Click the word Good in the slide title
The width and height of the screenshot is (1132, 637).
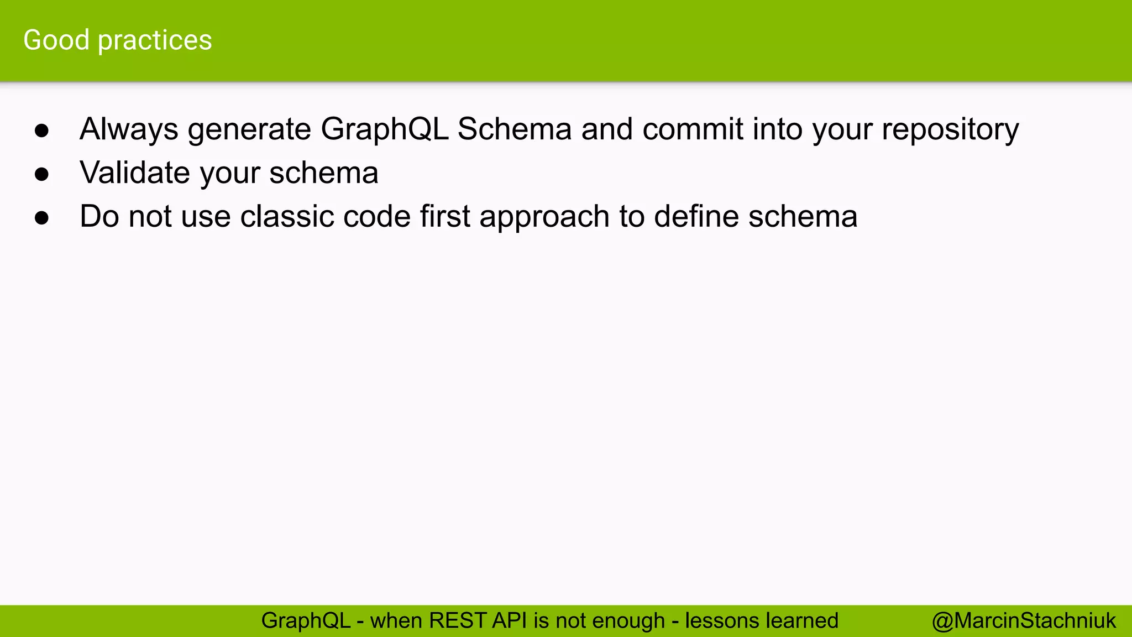[x=56, y=40]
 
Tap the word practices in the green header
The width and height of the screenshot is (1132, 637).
[x=155, y=40]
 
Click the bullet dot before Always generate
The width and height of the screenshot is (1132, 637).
[x=42, y=130]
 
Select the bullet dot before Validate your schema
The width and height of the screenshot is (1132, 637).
[x=42, y=174]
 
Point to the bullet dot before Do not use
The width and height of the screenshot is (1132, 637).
[x=42, y=217]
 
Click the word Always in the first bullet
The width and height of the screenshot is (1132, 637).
[x=129, y=129]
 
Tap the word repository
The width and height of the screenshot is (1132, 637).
[x=950, y=129]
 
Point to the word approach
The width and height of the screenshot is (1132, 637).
[x=544, y=216]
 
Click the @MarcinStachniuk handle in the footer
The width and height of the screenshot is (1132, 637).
[x=1024, y=621]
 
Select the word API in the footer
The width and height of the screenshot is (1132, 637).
[x=510, y=621]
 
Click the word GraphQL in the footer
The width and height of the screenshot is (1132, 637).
[x=306, y=621]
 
